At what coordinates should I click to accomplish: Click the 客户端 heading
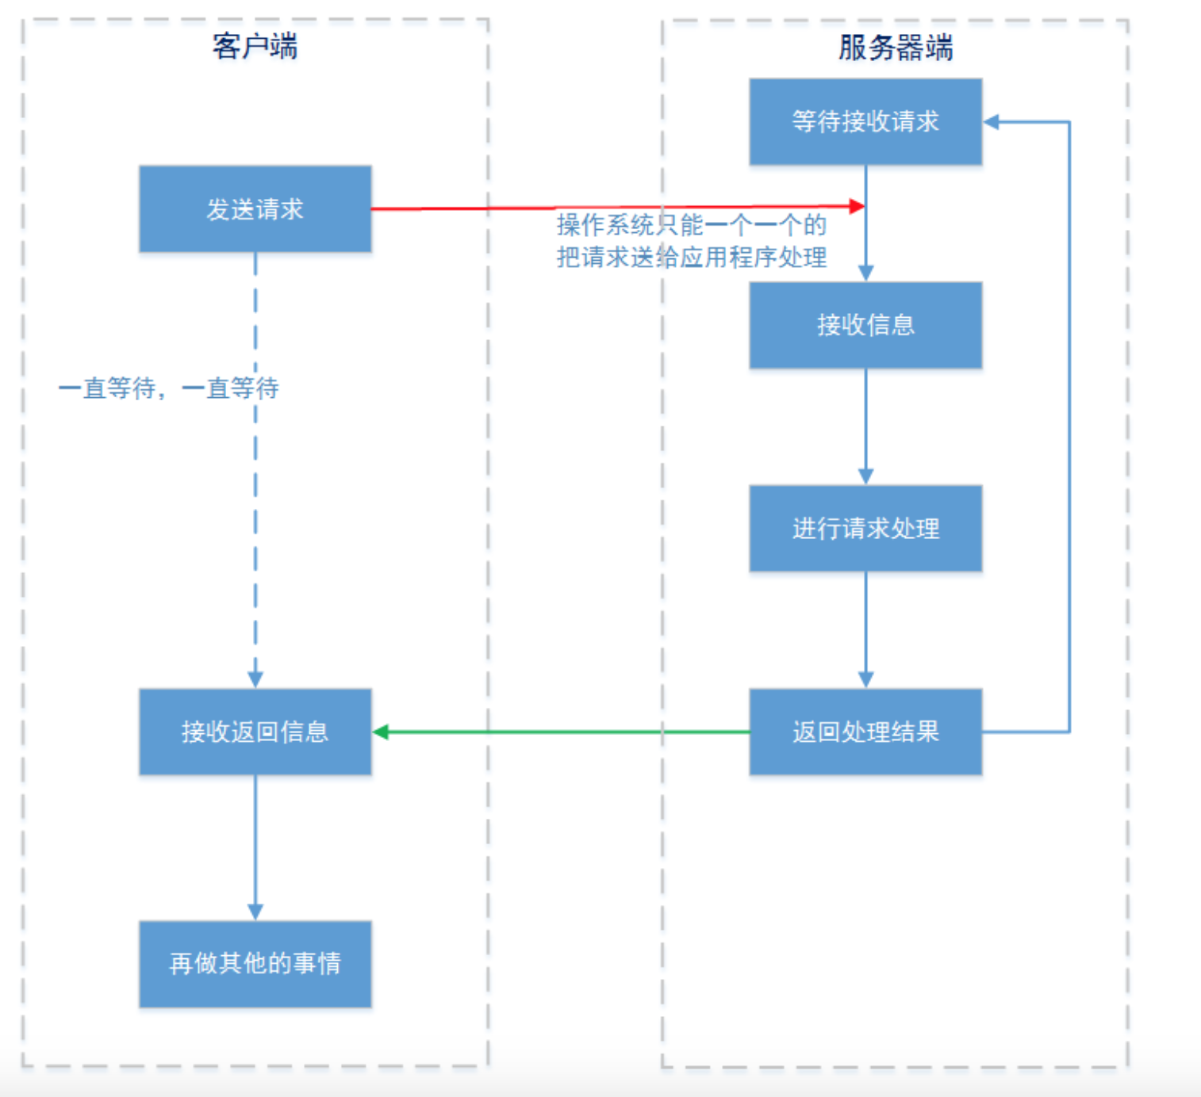pyautogui.click(x=255, y=47)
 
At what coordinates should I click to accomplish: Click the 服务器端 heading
pyautogui.click(x=895, y=48)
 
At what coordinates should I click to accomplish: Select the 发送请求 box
pyautogui.click(x=255, y=209)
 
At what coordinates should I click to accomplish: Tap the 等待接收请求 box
pyautogui.click(x=865, y=122)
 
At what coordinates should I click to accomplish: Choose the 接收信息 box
pyautogui.click(x=865, y=325)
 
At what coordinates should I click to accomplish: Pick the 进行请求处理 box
pyautogui.click(x=865, y=529)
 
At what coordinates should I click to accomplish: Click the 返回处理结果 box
pyautogui.click(x=865, y=732)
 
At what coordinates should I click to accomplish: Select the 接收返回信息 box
pyautogui.click(x=255, y=732)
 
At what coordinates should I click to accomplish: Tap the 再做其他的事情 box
pyautogui.click(x=255, y=964)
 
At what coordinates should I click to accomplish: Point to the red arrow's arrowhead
pyautogui.click(x=857, y=206)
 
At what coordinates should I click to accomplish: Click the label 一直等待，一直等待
pyautogui.click(x=168, y=388)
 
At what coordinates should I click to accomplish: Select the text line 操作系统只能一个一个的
pyautogui.click(x=691, y=226)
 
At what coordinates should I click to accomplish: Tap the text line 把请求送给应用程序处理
pyautogui.click(x=691, y=258)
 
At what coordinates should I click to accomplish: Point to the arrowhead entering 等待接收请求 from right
pyautogui.click(x=992, y=122)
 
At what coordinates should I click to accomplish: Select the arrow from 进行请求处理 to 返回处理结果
pyautogui.click(x=865, y=630)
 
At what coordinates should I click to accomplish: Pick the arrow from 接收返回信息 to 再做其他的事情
pyautogui.click(x=255, y=847)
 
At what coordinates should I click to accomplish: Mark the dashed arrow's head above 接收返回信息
pyautogui.click(x=255, y=680)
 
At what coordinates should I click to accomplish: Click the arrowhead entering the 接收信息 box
pyautogui.click(x=865, y=273)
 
